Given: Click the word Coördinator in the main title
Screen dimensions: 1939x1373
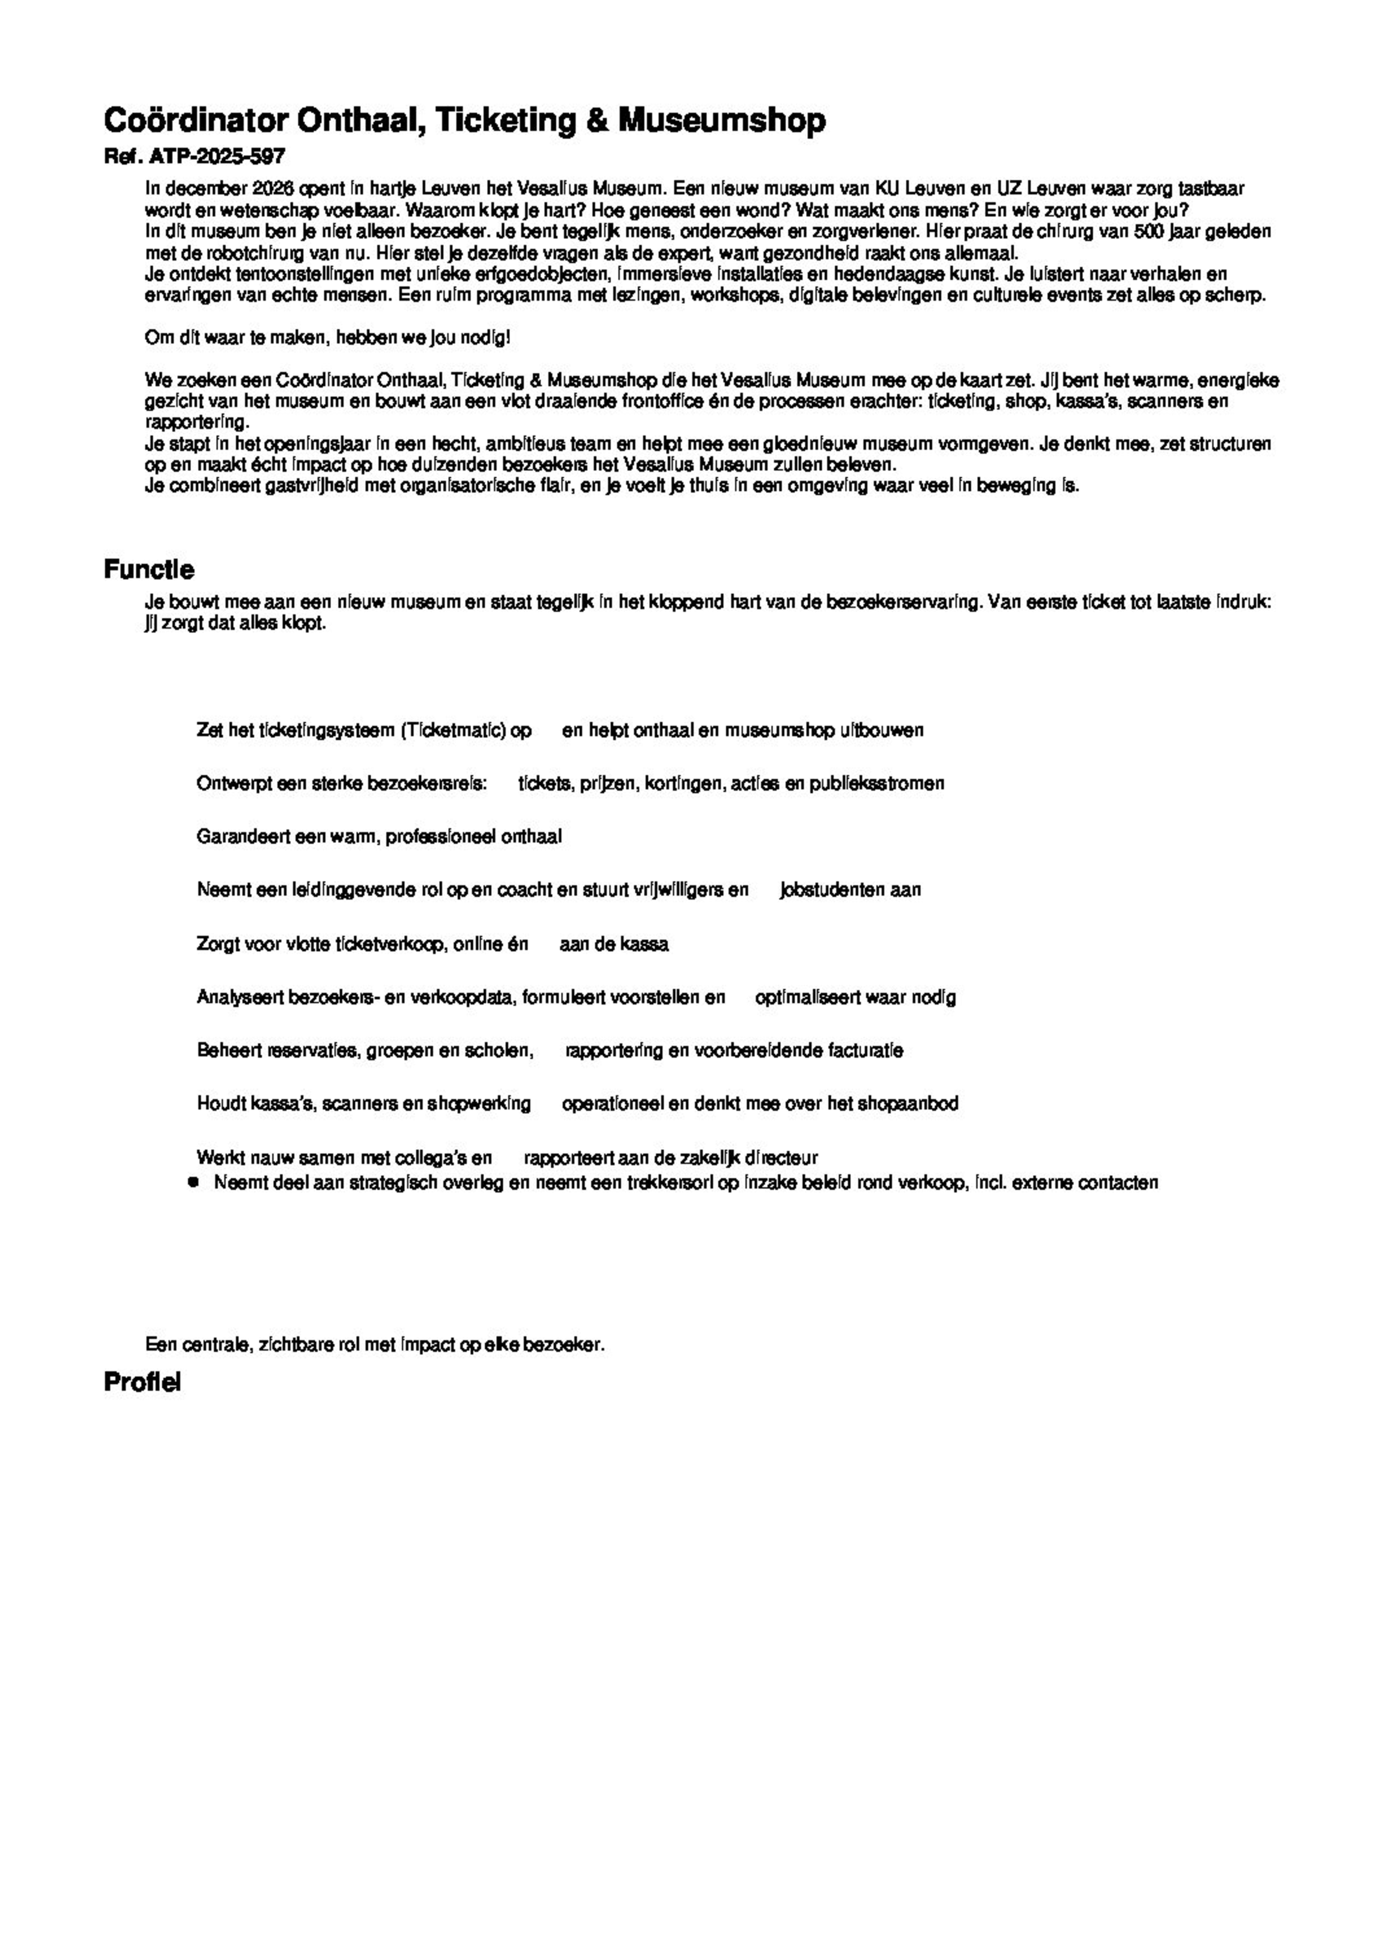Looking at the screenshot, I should [x=195, y=121].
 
